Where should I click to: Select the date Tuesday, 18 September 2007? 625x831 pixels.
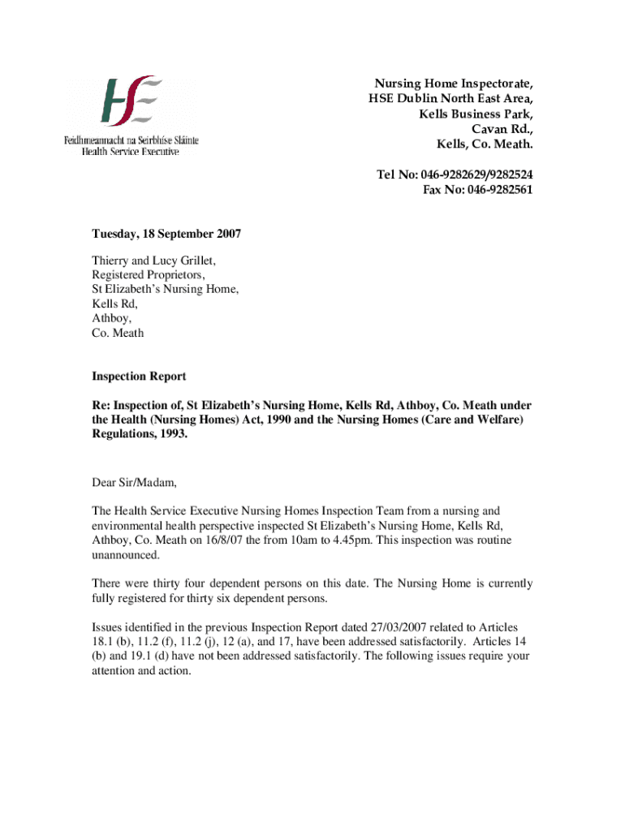point(166,234)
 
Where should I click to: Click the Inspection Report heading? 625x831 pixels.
point(139,377)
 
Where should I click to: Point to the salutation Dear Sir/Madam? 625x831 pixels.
point(133,483)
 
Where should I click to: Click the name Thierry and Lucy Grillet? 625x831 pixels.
point(153,260)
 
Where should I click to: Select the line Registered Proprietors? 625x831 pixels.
point(148,275)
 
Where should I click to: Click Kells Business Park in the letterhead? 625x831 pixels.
point(476,114)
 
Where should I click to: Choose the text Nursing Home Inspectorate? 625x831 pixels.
point(453,84)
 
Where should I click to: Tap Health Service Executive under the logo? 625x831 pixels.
point(130,152)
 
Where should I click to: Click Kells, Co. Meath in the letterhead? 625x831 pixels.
point(485,144)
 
